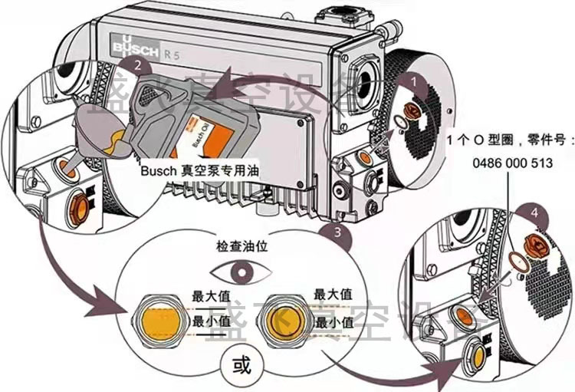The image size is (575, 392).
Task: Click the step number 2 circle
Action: (x=137, y=66)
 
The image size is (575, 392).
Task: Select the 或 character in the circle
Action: (x=240, y=361)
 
